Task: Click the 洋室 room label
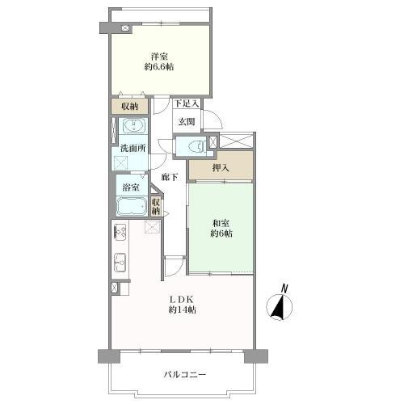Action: [x=159, y=57]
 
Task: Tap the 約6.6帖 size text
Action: [x=159, y=66]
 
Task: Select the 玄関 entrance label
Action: [x=187, y=122]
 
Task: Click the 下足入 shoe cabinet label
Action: [x=187, y=103]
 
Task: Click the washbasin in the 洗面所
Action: [x=134, y=126]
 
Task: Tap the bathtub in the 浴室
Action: [x=132, y=207]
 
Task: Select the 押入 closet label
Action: [x=221, y=168]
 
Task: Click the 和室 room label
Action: [x=221, y=223]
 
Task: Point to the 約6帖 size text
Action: [x=221, y=234]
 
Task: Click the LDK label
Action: [x=181, y=299]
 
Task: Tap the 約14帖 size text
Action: [x=182, y=309]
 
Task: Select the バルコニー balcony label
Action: [x=185, y=374]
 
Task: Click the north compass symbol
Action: [x=280, y=307]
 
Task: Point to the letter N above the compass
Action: [x=284, y=288]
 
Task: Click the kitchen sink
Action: [x=120, y=263]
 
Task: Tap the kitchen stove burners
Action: [x=120, y=231]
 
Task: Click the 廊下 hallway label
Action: [x=170, y=177]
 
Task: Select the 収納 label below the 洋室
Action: [x=129, y=107]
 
